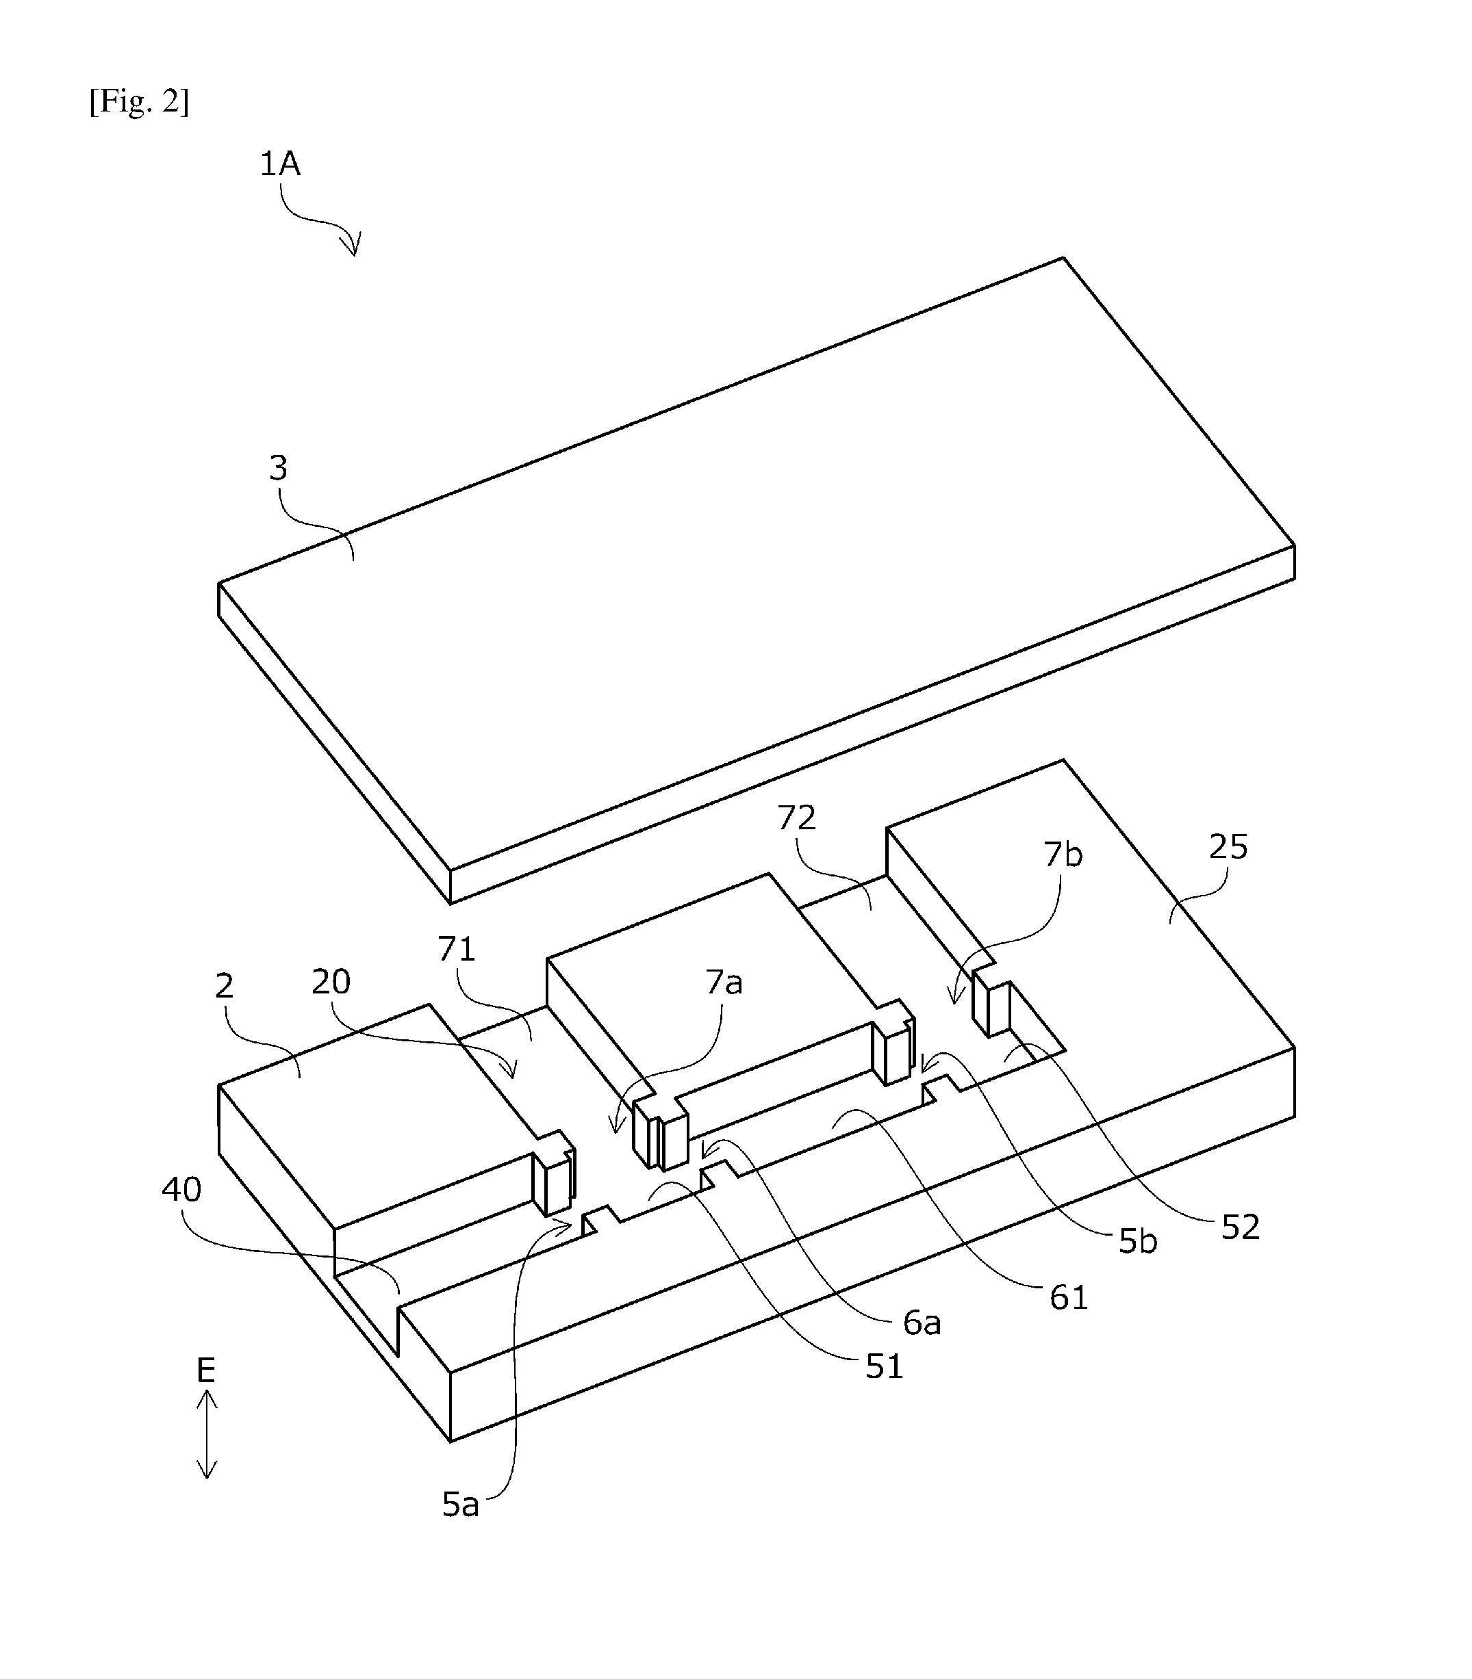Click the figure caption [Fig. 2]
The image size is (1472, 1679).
coord(139,102)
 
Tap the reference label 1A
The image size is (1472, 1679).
coord(280,164)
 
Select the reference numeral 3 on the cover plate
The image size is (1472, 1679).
coord(279,468)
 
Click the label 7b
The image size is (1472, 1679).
coord(1063,855)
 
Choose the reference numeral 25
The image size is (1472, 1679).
coord(1228,846)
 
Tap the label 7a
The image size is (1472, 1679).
coord(724,982)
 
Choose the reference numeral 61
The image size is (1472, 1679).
coord(1069,1297)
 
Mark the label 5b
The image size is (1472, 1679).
coord(1138,1241)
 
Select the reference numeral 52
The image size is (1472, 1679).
coord(1241,1227)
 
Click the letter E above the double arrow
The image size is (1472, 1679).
coord(205,1370)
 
